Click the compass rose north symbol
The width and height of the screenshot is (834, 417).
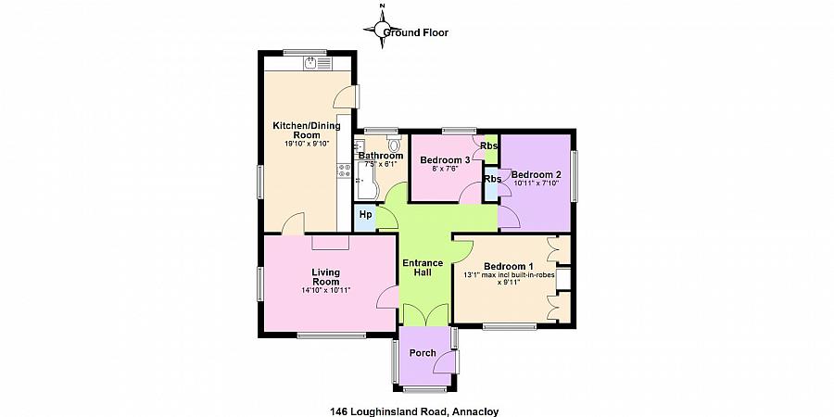pos(382,27)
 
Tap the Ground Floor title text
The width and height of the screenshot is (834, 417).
pos(415,32)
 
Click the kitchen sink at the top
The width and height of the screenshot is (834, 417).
pos(317,63)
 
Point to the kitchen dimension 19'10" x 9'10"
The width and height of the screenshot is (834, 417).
pos(307,144)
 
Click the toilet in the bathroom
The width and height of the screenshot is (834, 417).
pos(394,145)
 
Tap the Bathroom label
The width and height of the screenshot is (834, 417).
pos(380,156)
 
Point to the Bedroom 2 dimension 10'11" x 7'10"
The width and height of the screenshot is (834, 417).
pos(537,183)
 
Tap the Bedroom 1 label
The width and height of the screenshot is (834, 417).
pos(509,266)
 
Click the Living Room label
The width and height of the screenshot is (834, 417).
pos(325,276)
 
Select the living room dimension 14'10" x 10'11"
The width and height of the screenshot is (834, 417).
pos(325,290)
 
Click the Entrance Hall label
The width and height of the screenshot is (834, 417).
pos(423,268)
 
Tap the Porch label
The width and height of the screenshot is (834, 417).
pos(423,353)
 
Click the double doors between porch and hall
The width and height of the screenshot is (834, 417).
pos(425,314)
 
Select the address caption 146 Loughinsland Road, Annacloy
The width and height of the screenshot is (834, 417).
pos(414,411)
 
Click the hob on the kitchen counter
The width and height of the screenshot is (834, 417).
pos(344,171)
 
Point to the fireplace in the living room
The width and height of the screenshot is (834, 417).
pos(330,242)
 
